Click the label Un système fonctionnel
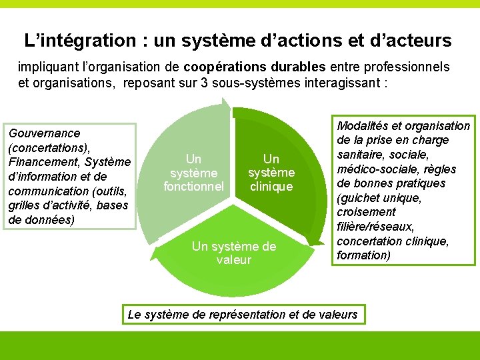(193, 173)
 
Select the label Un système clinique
(271, 173)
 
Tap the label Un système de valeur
(233, 253)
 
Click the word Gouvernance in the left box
(45, 133)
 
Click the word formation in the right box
(364, 255)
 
